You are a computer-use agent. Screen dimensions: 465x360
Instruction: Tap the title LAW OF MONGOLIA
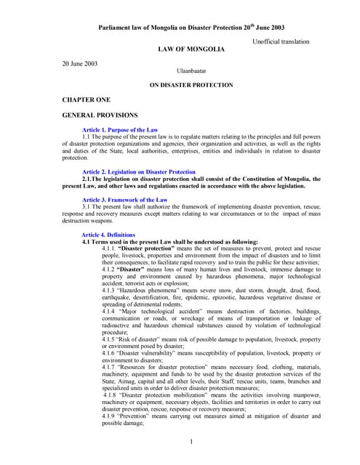pos(191,49)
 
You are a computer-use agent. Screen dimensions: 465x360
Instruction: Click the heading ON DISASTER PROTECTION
pos(191,85)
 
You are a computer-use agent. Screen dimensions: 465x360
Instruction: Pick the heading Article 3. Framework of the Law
pos(124,199)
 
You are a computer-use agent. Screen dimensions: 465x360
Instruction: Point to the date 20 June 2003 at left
pos(81,63)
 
